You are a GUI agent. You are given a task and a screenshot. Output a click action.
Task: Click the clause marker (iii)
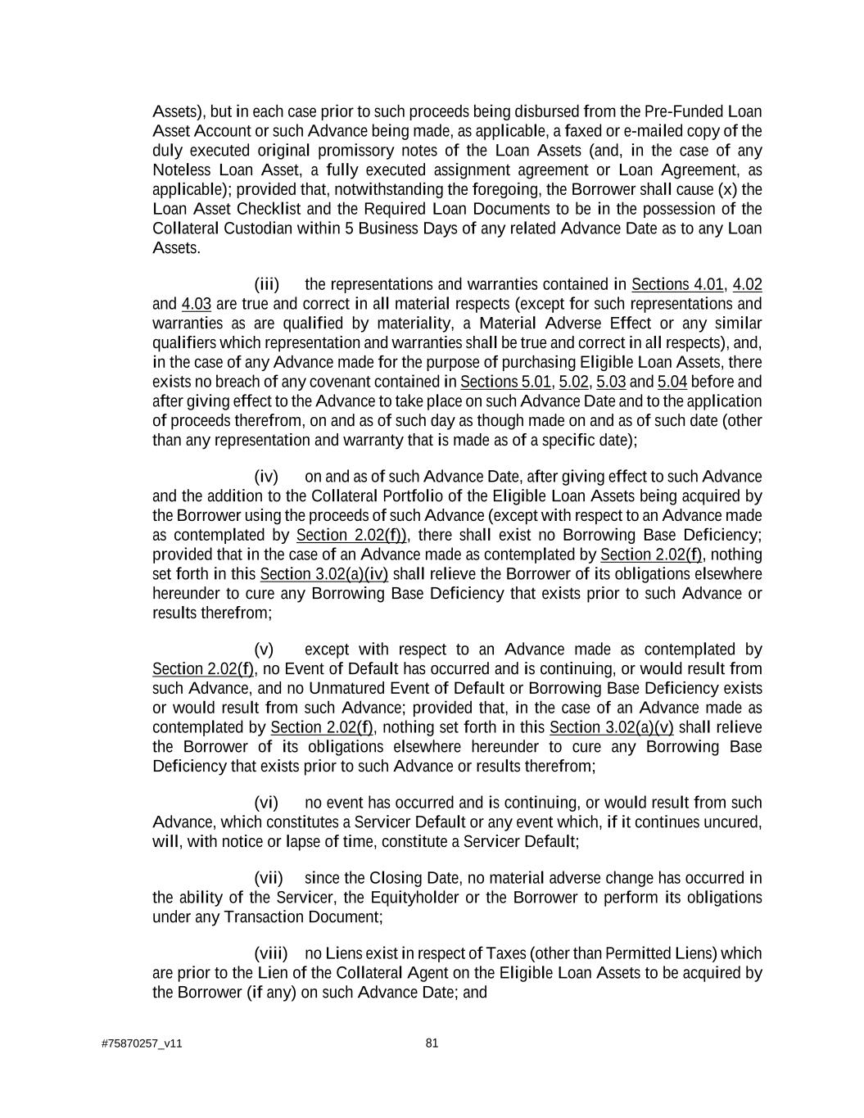tap(267, 285)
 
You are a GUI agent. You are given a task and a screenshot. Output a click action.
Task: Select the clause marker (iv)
tap(267, 477)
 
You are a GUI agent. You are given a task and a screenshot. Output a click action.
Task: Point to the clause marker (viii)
tap(271, 953)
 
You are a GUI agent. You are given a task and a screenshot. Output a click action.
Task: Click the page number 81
tap(432, 1043)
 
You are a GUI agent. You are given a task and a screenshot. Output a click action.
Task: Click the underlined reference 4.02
tap(747, 285)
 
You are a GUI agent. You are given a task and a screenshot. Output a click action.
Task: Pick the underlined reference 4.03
tap(197, 304)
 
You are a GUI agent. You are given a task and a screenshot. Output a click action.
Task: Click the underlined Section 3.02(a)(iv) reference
tap(324, 574)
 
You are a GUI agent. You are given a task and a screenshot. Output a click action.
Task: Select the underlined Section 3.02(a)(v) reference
tap(612, 727)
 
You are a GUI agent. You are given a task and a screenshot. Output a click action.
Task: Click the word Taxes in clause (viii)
tap(505, 953)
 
